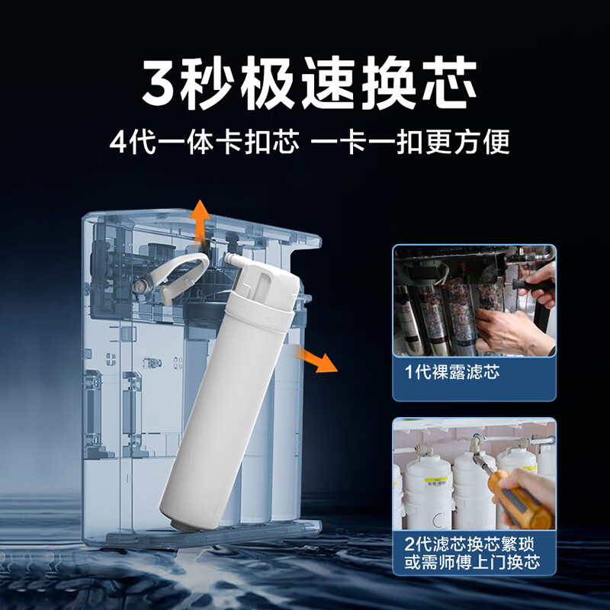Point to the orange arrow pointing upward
pyautogui.click(x=201, y=220)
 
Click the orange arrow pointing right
pyautogui.click(x=319, y=357)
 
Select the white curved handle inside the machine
pyautogui.click(x=183, y=274)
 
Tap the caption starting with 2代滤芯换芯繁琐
pyautogui.click(x=474, y=545)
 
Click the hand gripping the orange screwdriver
pyautogui.click(x=534, y=488)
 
